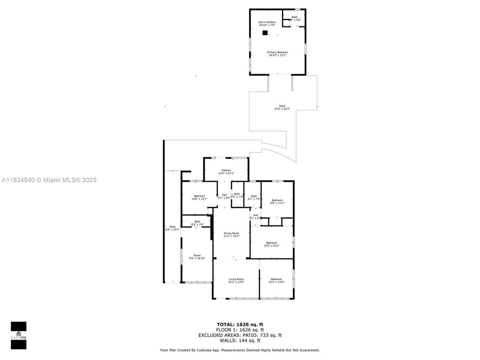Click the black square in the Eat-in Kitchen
[x=265, y=33]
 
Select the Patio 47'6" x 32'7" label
[x=282, y=107]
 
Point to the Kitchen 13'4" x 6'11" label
[x=226, y=171]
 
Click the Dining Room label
[x=231, y=234]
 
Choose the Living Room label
[x=236, y=280]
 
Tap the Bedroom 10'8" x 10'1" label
[x=199, y=197]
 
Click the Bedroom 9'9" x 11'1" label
[x=277, y=201]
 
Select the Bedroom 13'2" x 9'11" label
[x=272, y=244]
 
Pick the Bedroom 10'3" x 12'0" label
[x=276, y=280]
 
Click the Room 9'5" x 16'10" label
[x=197, y=257]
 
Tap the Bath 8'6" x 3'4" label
[x=197, y=223]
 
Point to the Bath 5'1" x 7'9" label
[x=254, y=197]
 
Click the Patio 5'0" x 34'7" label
[x=172, y=228]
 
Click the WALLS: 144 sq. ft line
[x=240, y=340]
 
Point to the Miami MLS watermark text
[x=49, y=180]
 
